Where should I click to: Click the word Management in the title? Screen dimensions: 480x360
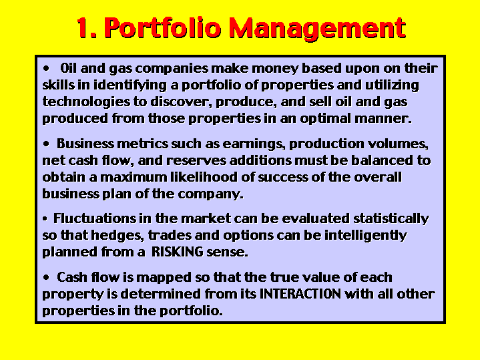coord(318,28)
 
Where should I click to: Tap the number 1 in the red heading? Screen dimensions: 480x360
coord(83,27)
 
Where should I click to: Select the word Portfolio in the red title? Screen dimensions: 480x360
coord(162,27)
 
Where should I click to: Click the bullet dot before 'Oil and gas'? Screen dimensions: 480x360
coord(46,68)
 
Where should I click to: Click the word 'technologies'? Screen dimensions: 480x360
coord(86,102)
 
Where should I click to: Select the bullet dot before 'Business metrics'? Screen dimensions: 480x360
coord(46,144)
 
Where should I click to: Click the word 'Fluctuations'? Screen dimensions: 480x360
coord(94,219)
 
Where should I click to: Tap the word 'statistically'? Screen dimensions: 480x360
coord(391,219)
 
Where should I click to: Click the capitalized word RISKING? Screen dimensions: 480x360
coord(177,252)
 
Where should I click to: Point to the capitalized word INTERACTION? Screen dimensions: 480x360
coord(300,294)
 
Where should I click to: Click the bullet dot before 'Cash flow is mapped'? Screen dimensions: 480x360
coord(46,277)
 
